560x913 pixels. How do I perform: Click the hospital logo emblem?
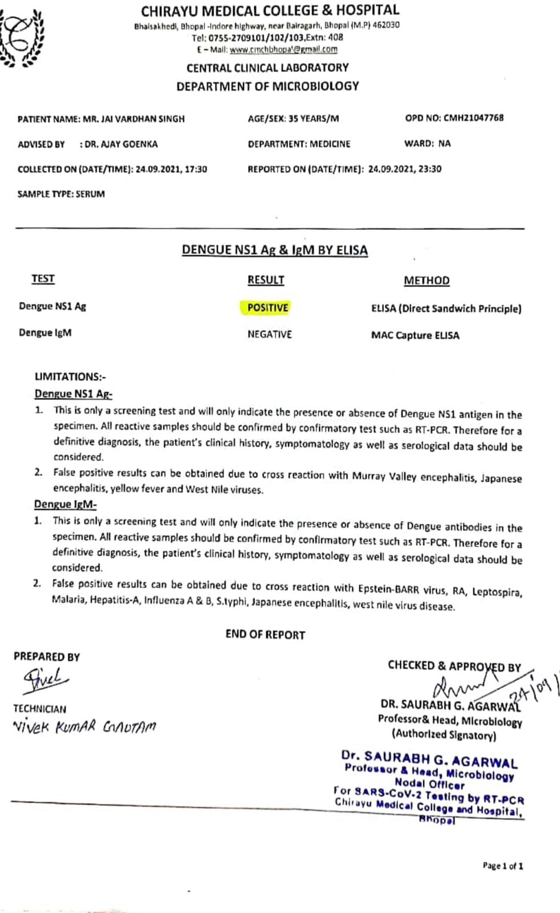(23, 38)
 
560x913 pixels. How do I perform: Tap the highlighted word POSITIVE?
(267, 308)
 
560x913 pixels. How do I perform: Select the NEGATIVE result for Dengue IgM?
(269, 334)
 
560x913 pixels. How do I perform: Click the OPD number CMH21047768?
(473, 118)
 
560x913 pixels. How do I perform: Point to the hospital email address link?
(283, 49)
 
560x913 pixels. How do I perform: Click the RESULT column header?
(266, 280)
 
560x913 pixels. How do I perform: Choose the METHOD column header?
(427, 280)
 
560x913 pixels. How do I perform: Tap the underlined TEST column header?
(43, 278)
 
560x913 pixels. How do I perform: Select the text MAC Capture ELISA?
(415, 335)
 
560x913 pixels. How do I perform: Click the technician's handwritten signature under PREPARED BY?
(46, 679)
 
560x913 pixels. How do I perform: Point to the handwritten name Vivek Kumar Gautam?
(84, 726)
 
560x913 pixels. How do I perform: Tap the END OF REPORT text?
(265, 635)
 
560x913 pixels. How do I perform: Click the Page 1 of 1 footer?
(502, 866)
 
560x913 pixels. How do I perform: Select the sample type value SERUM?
(90, 194)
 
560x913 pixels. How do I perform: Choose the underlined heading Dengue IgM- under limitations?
(65, 504)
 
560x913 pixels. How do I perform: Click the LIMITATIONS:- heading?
(70, 377)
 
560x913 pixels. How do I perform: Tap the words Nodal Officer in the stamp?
(429, 784)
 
